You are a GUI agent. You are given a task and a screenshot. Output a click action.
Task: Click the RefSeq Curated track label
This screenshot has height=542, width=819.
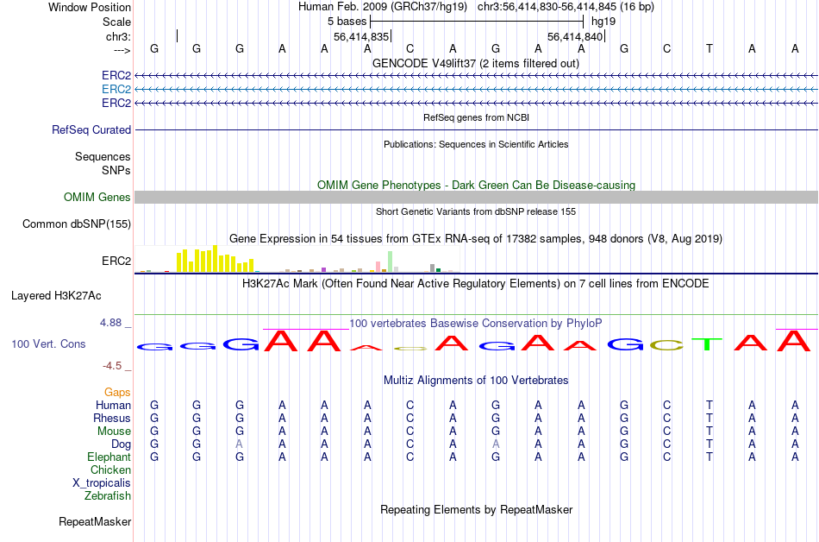tap(91, 129)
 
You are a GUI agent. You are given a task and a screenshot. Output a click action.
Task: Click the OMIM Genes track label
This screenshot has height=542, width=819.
tap(97, 198)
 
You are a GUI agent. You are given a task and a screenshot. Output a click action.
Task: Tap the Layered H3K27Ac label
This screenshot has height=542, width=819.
tap(56, 295)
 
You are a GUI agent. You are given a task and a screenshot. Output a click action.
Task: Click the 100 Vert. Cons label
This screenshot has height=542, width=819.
tap(48, 343)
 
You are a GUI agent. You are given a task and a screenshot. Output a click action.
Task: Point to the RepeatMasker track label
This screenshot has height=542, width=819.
tap(95, 521)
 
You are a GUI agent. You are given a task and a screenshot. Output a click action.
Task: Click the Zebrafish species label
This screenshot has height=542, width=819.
tap(108, 496)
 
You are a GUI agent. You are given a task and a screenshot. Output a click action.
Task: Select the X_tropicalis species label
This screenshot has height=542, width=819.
tap(102, 483)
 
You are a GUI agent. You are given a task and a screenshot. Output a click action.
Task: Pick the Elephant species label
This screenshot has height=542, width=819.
tap(109, 457)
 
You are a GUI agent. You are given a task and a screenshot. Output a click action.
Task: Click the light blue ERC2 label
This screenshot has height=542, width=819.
tap(116, 89)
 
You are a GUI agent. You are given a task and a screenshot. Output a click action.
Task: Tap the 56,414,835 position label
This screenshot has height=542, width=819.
tap(361, 36)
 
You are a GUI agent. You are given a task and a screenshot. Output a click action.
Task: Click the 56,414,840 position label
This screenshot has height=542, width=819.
tap(575, 36)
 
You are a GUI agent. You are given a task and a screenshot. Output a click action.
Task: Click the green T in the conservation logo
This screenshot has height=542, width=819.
tap(708, 344)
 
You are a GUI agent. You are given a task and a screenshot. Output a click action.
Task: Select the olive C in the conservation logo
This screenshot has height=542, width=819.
tap(666, 345)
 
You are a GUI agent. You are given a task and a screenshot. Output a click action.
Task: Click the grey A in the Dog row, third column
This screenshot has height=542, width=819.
tap(239, 444)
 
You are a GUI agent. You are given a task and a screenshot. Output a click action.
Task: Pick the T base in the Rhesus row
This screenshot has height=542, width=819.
tap(709, 418)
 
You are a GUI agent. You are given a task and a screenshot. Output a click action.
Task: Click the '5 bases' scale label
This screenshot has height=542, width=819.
tap(347, 20)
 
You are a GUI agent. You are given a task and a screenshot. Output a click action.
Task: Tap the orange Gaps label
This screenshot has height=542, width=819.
tap(117, 393)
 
